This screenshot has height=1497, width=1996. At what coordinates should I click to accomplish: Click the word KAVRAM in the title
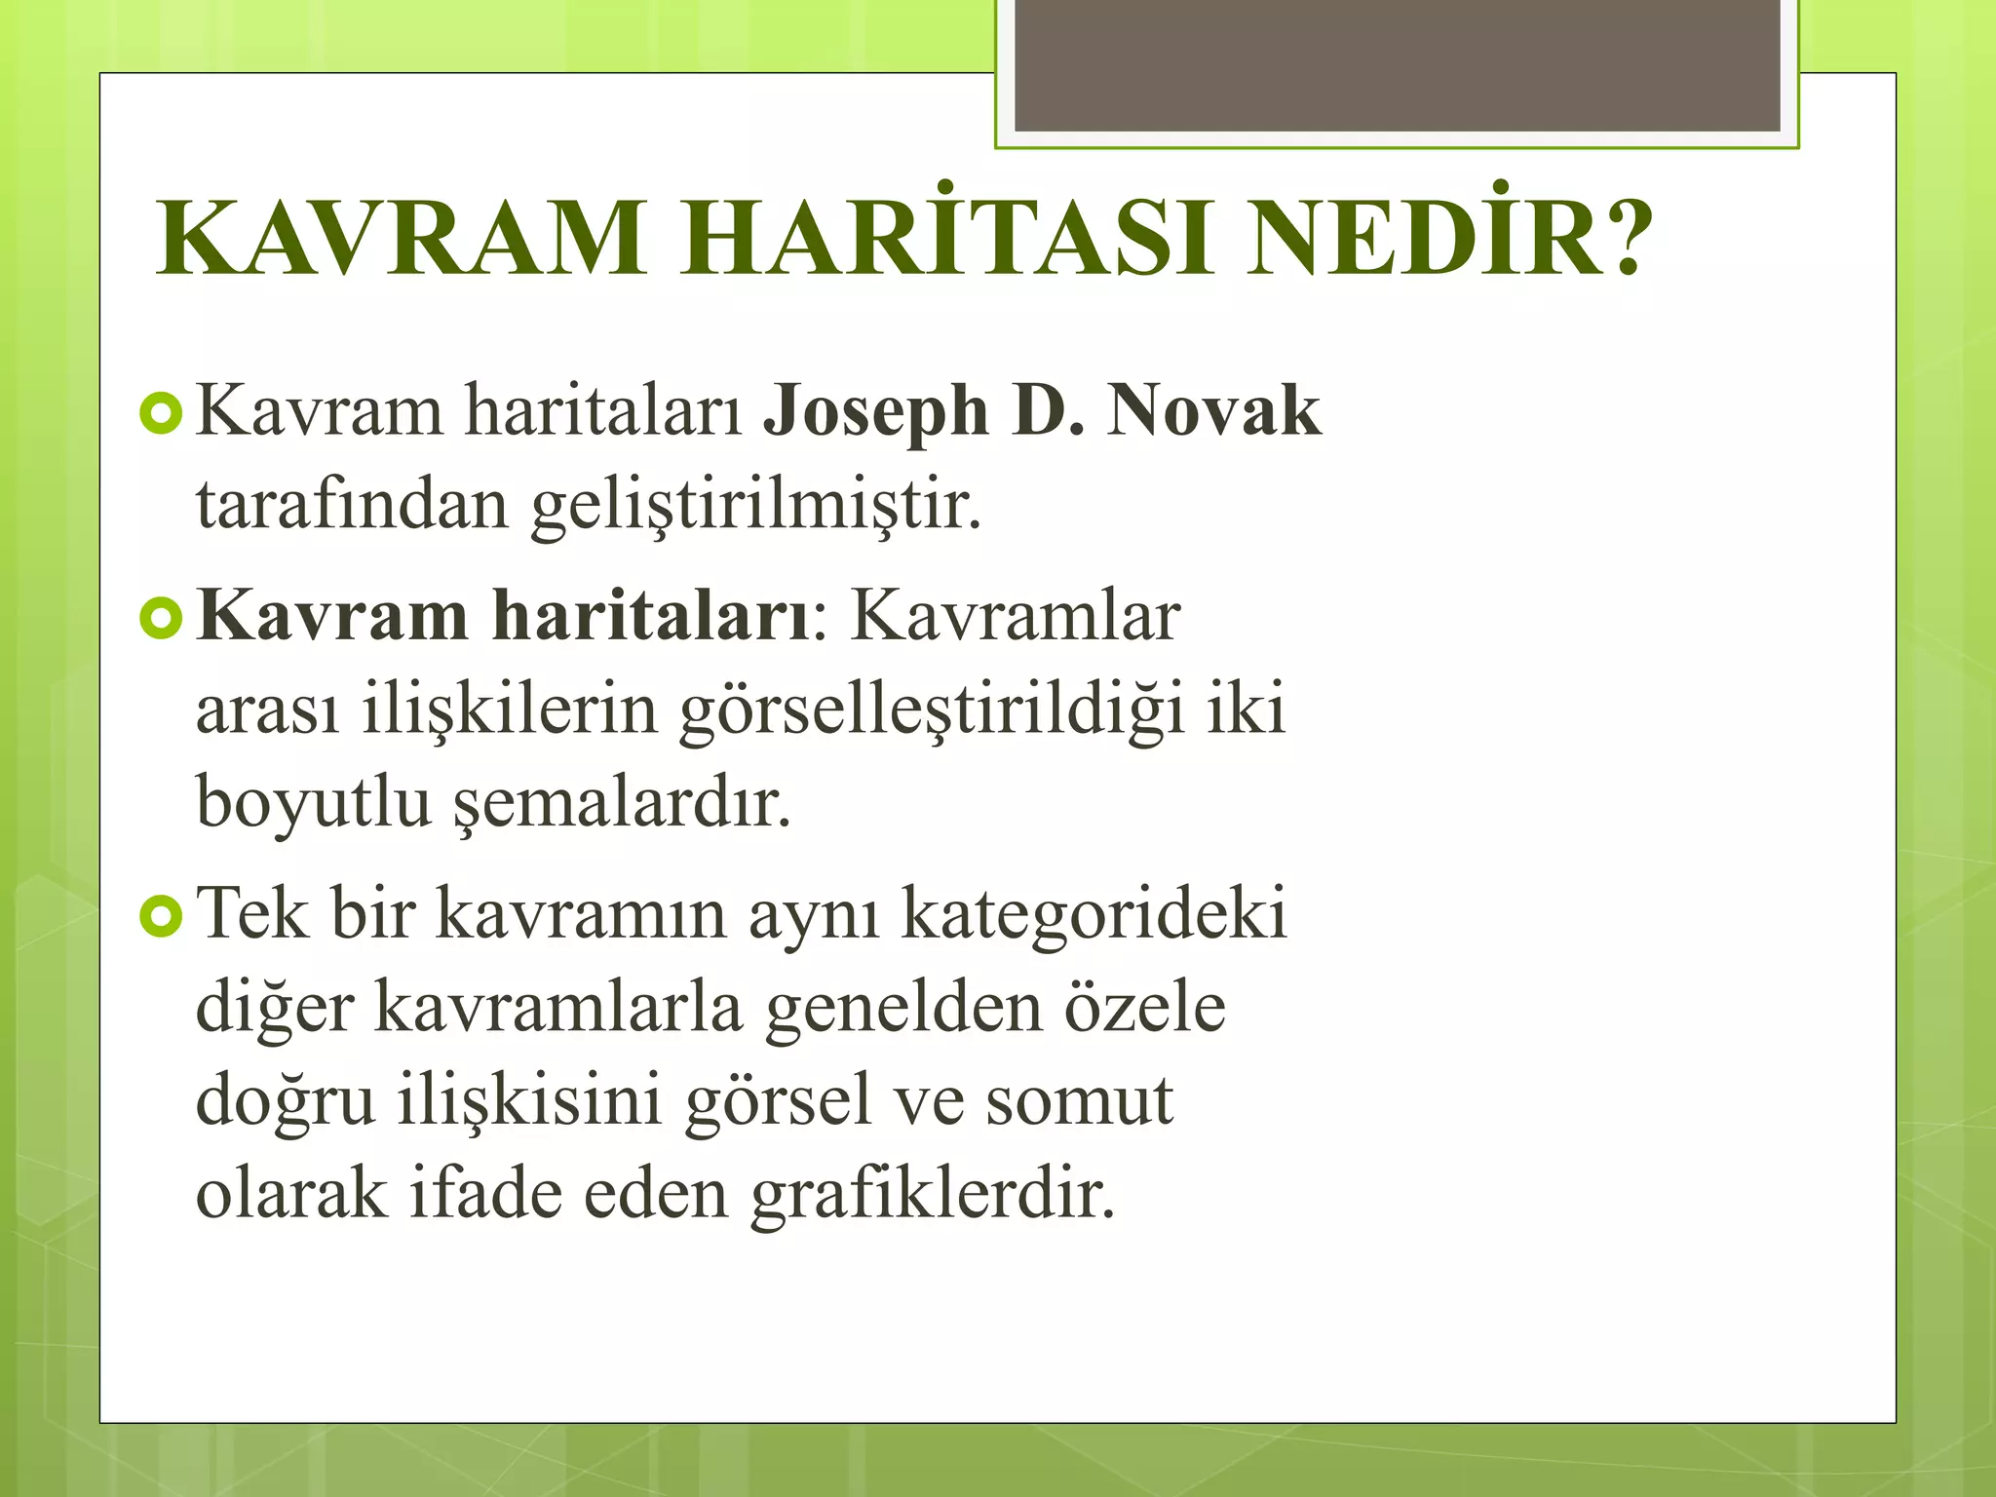pyautogui.click(x=401, y=240)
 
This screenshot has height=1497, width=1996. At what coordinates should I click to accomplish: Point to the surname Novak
pyautogui.click(x=1213, y=411)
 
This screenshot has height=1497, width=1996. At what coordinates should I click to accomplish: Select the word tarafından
pyautogui.click(x=352, y=505)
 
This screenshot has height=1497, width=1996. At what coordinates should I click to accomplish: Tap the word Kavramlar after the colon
pyautogui.click(x=1016, y=617)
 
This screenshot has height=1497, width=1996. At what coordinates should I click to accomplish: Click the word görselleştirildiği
pyautogui.click(x=933, y=711)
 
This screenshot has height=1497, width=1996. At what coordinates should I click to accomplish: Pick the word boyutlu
pyautogui.click(x=313, y=802)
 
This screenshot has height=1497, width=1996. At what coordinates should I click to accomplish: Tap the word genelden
pyautogui.click(x=902, y=1008)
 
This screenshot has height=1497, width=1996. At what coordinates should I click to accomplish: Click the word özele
pyautogui.click(x=1144, y=1008)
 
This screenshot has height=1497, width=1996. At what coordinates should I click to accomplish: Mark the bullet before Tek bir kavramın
pyautogui.click(x=161, y=917)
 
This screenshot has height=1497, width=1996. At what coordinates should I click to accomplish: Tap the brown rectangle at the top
pyautogui.click(x=1397, y=64)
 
